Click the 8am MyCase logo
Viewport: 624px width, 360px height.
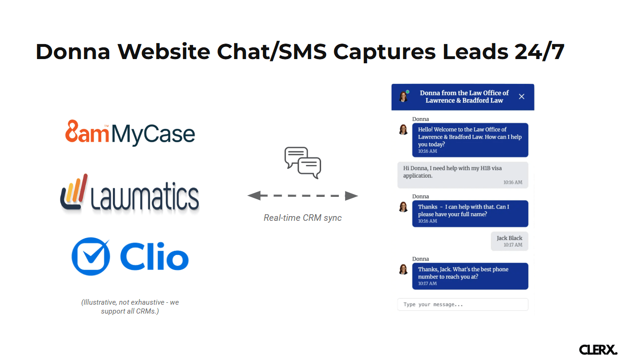[130, 133]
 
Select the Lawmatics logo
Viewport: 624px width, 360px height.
[129, 194]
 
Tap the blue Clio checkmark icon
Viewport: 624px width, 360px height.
[90, 256]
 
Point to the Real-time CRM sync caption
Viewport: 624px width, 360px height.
[302, 217]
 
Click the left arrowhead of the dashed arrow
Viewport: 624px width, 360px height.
[254, 196]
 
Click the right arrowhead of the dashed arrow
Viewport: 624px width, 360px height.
[351, 196]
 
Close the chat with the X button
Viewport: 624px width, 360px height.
[521, 97]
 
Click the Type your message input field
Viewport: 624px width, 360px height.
[462, 304]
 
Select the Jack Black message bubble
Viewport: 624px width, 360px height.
[509, 241]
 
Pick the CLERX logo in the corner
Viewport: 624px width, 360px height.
[598, 349]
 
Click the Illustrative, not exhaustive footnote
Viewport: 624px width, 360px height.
[130, 307]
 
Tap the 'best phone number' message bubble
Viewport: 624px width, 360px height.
[470, 276]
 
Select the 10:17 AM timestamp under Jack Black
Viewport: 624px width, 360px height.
[513, 245]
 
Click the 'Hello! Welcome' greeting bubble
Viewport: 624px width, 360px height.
[470, 140]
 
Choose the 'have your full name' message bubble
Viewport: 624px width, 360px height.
[470, 213]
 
